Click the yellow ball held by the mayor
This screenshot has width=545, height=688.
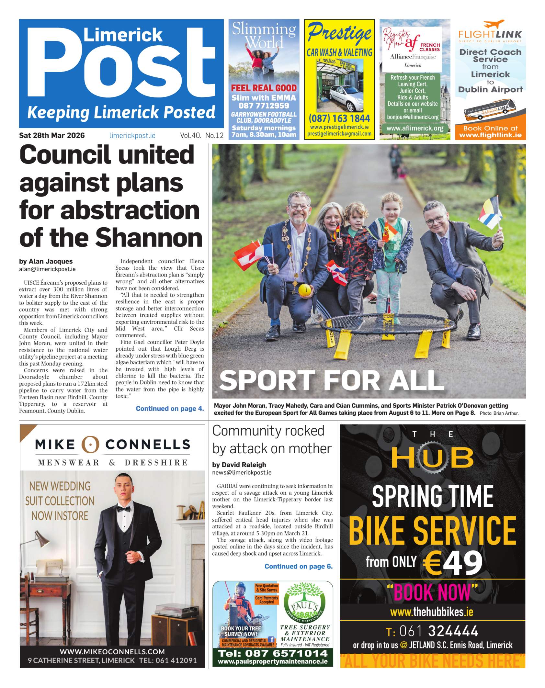click(304, 289)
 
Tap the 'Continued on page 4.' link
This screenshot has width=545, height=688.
click(170, 409)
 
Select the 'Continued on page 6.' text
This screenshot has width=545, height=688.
click(298, 566)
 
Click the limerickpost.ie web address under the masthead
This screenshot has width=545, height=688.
click(132, 136)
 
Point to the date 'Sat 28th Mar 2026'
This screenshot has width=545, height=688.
click(52, 135)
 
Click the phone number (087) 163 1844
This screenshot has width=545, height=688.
click(339, 118)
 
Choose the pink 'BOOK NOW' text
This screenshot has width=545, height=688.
click(432, 592)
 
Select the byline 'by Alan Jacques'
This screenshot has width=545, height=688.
click(46, 261)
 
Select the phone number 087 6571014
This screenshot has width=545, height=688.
click(273, 653)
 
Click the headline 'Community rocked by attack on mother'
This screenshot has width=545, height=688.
click(272, 440)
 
